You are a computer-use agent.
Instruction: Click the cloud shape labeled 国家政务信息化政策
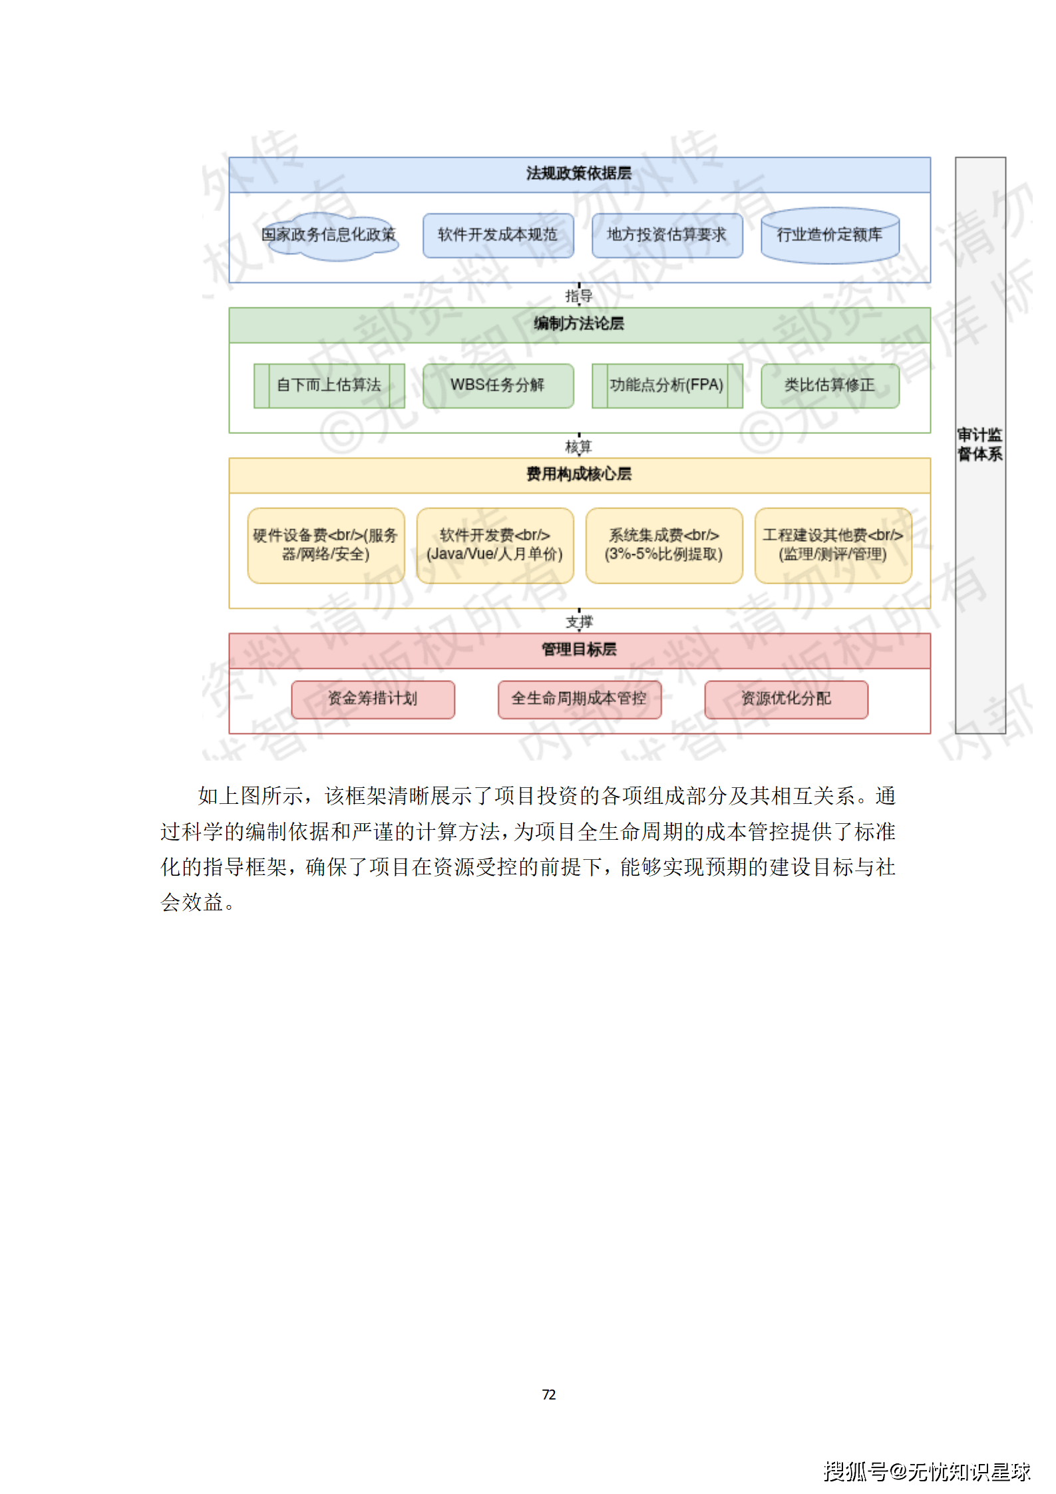pyautogui.click(x=330, y=236)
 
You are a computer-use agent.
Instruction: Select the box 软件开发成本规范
pyautogui.click(x=498, y=235)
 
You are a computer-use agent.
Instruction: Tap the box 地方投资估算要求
pyautogui.click(x=667, y=235)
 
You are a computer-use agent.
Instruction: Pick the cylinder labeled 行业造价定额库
pyautogui.click(x=830, y=236)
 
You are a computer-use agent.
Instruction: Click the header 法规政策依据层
pyautogui.click(x=579, y=174)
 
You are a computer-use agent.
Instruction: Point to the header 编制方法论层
pyautogui.click(x=579, y=325)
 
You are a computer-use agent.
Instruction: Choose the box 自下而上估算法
pyautogui.click(x=329, y=385)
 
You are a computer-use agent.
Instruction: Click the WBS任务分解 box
pyautogui.click(x=498, y=385)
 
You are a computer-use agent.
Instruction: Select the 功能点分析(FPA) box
pyautogui.click(x=667, y=385)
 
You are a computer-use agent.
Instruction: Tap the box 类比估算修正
pyautogui.click(x=830, y=385)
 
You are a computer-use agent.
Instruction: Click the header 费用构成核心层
pyautogui.click(x=579, y=475)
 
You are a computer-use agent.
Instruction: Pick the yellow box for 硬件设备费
pyautogui.click(x=325, y=545)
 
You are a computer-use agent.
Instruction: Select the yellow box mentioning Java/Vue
pyautogui.click(x=494, y=545)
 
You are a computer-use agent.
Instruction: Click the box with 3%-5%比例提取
pyautogui.click(x=663, y=545)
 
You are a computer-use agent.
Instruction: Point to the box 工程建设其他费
pyautogui.click(x=832, y=545)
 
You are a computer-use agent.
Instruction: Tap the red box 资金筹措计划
pyautogui.click(x=373, y=699)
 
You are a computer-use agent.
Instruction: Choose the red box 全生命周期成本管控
pyautogui.click(x=579, y=699)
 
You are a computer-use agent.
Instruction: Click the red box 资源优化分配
pyautogui.click(x=786, y=699)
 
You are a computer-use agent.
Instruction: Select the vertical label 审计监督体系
pyautogui.click(x=979, y=445)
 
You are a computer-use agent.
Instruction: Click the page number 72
pyautogui.click(x=548, y=1394)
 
